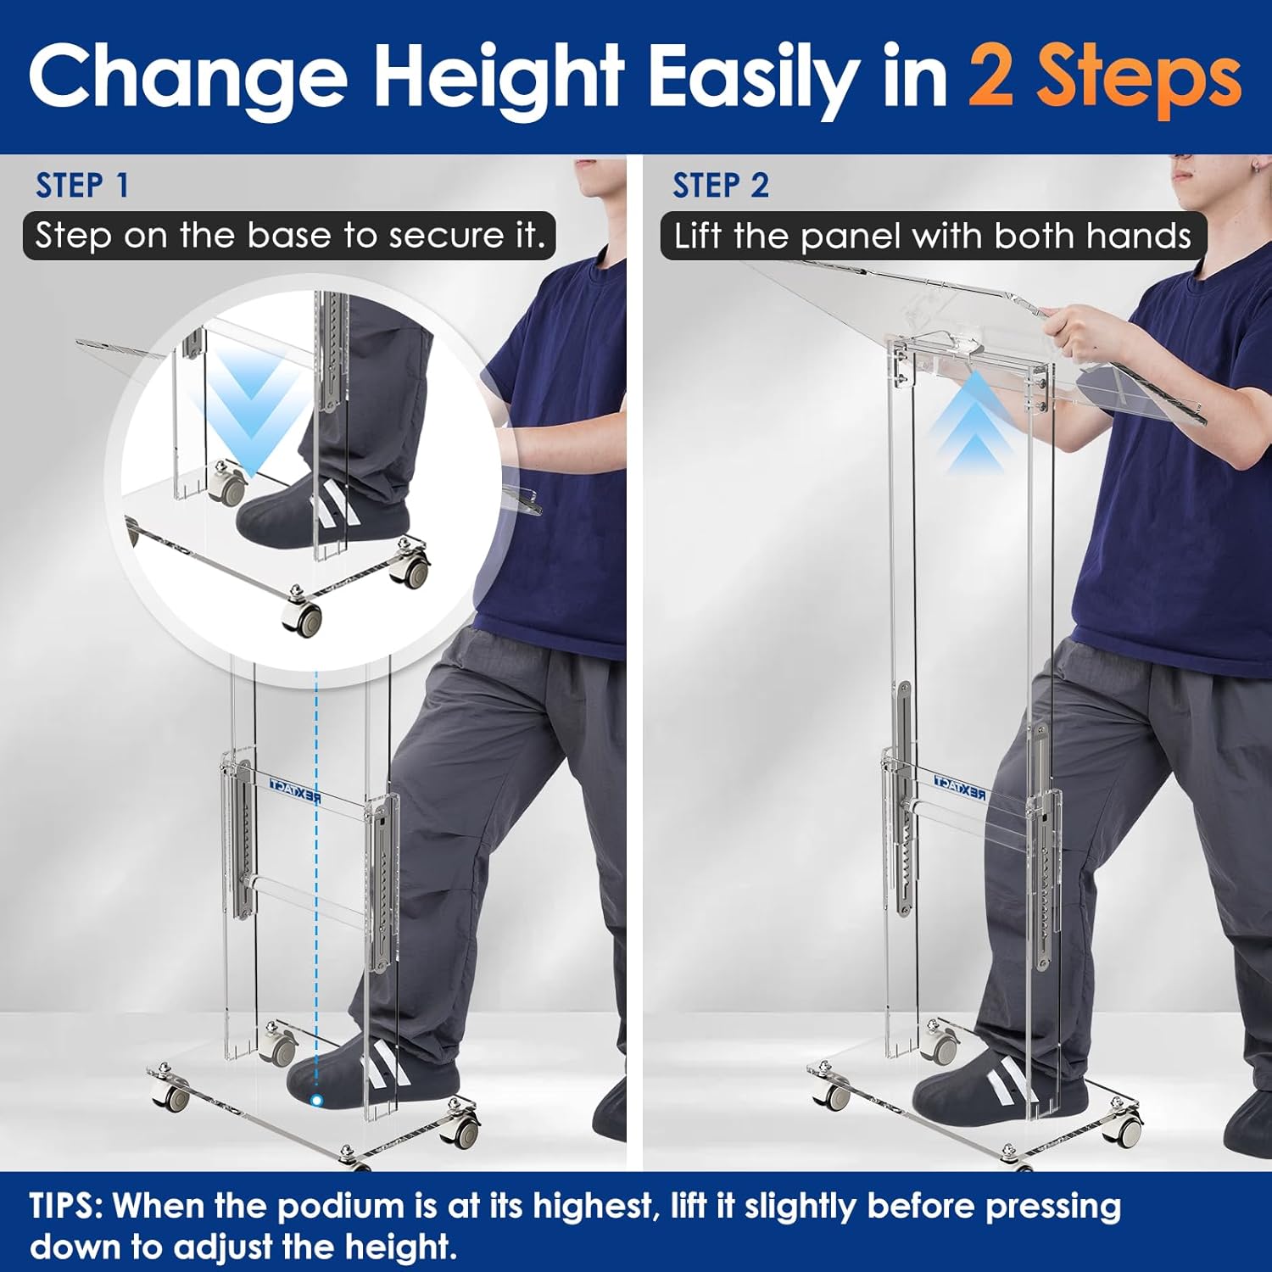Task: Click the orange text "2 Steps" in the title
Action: coord(1104,78)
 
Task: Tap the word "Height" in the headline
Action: coord(499,78)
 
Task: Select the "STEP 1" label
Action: coord(82,186)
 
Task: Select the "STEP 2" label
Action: coord(721,186)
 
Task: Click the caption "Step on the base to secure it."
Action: coord(290,236)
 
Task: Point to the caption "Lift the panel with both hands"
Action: coord(932,236)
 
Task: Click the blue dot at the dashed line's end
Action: coord(316,1101)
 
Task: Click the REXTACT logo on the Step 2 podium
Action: coord(959,786)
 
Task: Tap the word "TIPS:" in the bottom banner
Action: coord(66,1206)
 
